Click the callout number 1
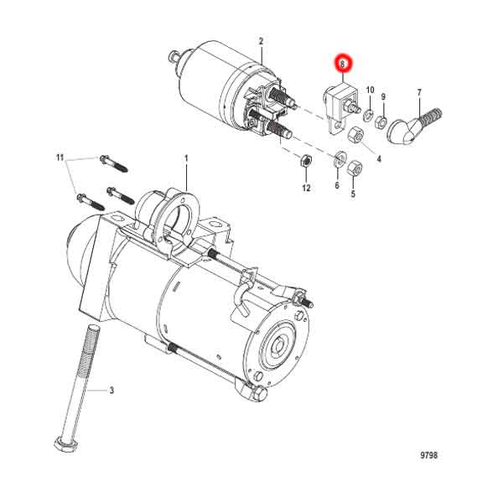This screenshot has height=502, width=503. coord(186,158)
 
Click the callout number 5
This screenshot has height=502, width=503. coord(353,194)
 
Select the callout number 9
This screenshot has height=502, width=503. coord(383,96)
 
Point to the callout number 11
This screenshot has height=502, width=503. coord(60,158)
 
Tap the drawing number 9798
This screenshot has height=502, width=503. coord(428,456)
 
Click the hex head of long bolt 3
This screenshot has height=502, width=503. coord(65,442)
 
